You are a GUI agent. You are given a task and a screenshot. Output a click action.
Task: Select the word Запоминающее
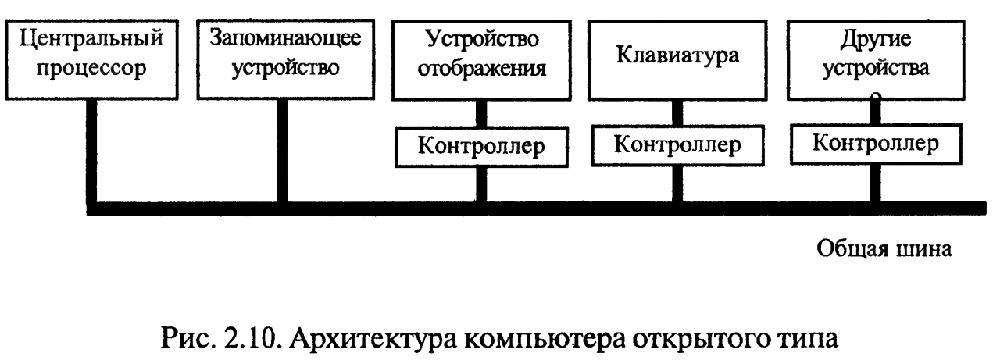(285, 39)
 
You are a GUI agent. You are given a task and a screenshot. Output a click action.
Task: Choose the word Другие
(876, 40)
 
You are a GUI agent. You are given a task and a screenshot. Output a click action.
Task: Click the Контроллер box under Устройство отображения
(481, 147)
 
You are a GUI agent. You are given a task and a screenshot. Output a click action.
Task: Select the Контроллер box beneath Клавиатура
(678, 145)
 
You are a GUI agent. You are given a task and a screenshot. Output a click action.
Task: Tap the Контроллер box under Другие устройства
(876, 144)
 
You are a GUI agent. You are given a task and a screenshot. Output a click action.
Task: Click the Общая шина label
(884, 249)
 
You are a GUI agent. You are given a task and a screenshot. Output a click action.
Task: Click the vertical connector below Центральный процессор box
(91, 151)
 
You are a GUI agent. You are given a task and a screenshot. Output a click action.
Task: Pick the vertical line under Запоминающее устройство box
(282, 151)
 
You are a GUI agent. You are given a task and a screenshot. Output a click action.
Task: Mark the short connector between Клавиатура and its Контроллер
(677, 112)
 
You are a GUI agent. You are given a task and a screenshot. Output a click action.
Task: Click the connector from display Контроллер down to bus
(481, 185)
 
